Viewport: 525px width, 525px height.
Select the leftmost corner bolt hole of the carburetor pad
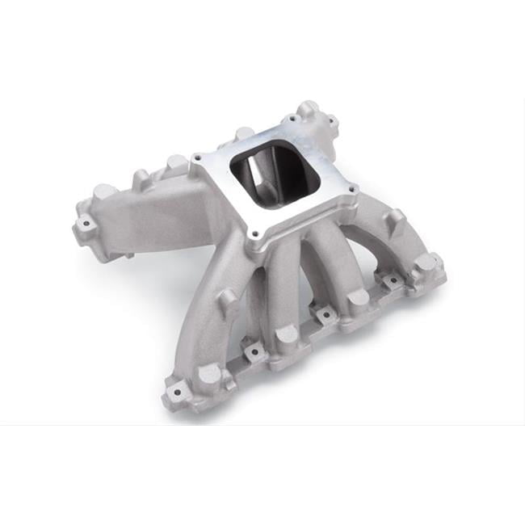pos(196,157)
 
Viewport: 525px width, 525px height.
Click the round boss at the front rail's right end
pos(426,263)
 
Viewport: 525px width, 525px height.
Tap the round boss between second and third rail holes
pos(287,333)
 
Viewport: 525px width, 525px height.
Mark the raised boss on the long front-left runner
pos(229,299)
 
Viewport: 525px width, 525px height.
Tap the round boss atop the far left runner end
pos(103,192)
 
